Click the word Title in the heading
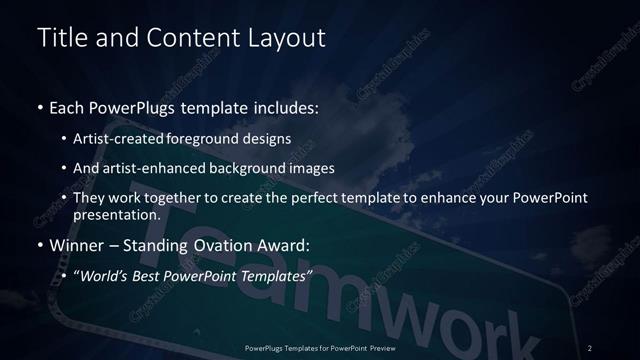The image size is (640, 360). pos(59,38)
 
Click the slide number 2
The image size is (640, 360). pos(590,347)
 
